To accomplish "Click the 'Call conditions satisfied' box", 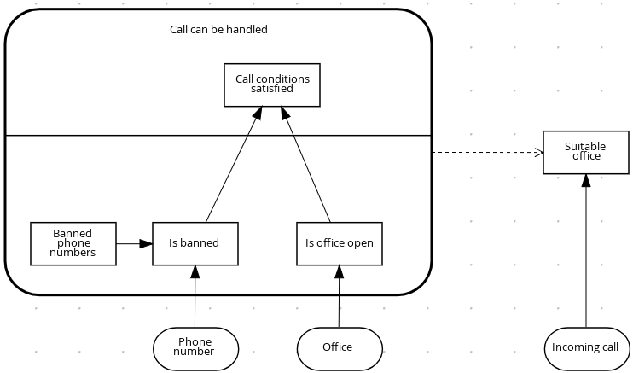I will tap(272, 85).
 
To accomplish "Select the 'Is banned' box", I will tap(195, 243).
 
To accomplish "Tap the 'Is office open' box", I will tap(339, 243).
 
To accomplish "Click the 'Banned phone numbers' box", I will tap(73, 243).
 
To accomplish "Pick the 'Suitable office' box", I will tap(585, 152).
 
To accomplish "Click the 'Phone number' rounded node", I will tap(195, 347).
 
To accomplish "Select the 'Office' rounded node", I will tap(339, 348).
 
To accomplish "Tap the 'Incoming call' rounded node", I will tap(585, 348).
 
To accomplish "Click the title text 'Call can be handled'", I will tap(218, 30).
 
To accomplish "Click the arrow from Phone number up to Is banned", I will tap(195, 299).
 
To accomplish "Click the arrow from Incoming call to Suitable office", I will tap(585, 256).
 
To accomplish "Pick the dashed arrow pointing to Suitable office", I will tap(486, 153).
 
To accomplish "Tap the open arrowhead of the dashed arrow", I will tap(539, 153).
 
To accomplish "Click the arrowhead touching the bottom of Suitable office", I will tap(585, 181).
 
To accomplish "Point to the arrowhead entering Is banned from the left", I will tap(147, 243).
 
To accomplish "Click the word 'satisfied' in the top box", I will tap(272, 89).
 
